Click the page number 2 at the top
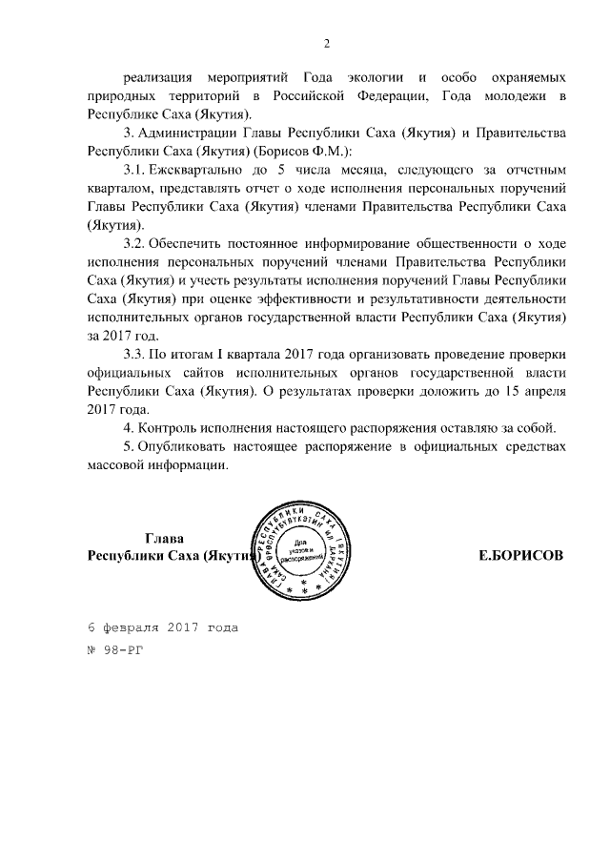(x=326, y=43)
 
